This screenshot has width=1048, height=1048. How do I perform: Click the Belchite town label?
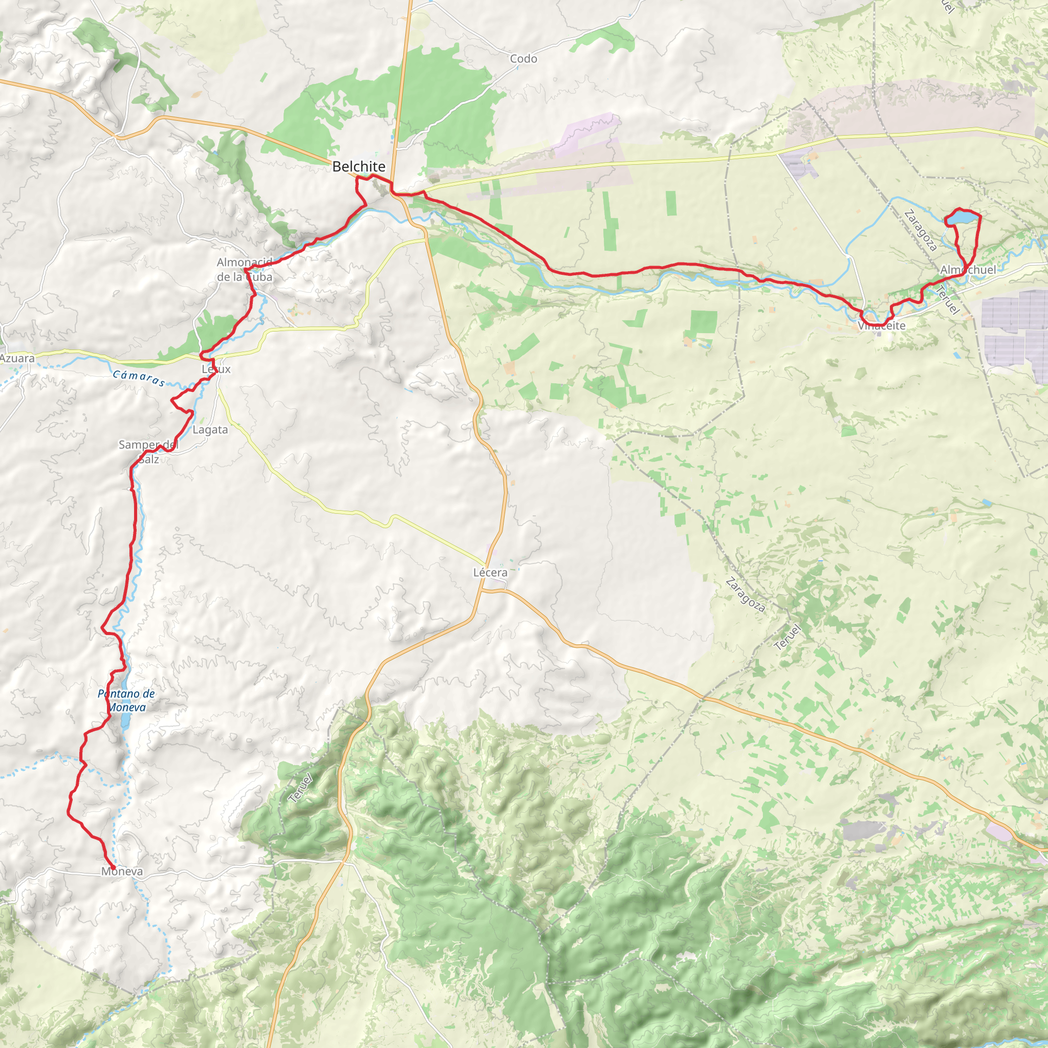pyautogui.click(x=359, y=166)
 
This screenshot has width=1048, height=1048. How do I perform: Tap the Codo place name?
pyautogui.click(x=523, y=58)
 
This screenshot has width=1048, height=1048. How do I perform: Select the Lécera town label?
pyautogui.click(x=490, y=572)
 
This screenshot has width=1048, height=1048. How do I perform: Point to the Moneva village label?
pyautogui.click(x=122, y=871)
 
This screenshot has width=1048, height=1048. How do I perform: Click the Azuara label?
pyautogui.click(x=17, y=358)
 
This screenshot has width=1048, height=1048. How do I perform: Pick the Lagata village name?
pyautogui.click(x=210, y=430)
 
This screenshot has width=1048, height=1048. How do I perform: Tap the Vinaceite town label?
pyautogui.click(x=882, y=325)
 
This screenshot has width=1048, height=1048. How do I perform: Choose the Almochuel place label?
pyautogui.click(x=968, y=270)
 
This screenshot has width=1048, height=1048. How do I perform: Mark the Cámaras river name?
pyautogui.click(x=139, y=378)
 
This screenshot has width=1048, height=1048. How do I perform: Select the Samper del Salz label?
pyautogui.click(x=148, y=452)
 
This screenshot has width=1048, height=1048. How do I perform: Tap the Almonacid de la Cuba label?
pyautogui.click(x=245, y=270)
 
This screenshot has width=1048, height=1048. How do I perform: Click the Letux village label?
pyautogui.click(x=216, y=369)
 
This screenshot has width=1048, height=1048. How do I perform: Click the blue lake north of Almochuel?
pyautogui.click(x=963, y=218)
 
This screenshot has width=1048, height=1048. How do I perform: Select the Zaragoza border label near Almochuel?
pyautogui.click(x=921, y=231)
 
